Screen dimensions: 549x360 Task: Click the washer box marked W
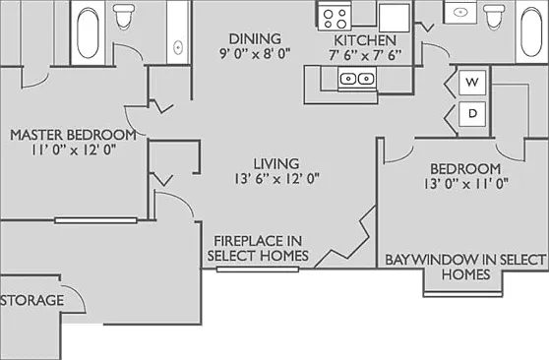tap(472, 83)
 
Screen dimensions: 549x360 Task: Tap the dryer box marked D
tap(472, 114)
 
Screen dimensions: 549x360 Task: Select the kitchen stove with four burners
tap(335, 17)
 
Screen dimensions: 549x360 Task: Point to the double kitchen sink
tap(357, 79)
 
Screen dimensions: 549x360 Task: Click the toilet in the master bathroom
tap(125, 16)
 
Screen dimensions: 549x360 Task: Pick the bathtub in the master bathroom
tap(88, 32)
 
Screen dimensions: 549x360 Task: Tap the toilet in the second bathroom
tap(494, 16)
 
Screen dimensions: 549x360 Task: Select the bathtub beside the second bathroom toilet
tap(531, 32)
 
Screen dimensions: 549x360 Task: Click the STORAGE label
tap(31, 300)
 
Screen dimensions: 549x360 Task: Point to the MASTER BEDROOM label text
tap(73, 135)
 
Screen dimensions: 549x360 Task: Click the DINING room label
tap(255, 38)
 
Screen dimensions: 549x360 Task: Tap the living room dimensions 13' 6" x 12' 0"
tap(276, 179)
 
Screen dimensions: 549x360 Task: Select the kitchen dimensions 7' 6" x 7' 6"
tap(365, 55)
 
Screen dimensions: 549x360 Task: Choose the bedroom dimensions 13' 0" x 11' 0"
tap(466, 184)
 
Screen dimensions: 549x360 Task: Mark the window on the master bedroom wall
tap(95, 220)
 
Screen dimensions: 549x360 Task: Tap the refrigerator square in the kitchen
tap(394, 18)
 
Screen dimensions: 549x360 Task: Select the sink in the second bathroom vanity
tap(460, 13)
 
